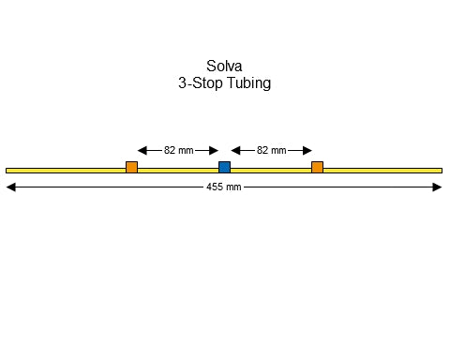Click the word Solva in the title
pyautogui.click(x=225, y=67)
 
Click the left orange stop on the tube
pyautogui.click(x=131, y=168)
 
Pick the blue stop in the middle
pyautogui.click(x=224, y=168)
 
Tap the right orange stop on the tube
pyautogui.click(x=317, y=168)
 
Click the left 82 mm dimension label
pyautogui.click(x=178, y=150)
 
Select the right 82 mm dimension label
pyautogui.click(x=271, y=150)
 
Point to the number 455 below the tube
pyautogui.click(x=215, y=187)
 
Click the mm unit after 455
pyautogui.click(x=234, y=187)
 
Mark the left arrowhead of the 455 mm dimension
pyautogui.click(x=10, y=187)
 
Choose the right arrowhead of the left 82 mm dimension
pyautogui.click(x=214, y=150)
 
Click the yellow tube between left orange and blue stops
pyautogui.click(x=178, y=171)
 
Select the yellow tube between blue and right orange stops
pyautogui.click(x=271, y=171)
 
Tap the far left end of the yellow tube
pyautogui.click(x=7, y=171)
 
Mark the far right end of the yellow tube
pyautogui.click(x=440, y=171)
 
